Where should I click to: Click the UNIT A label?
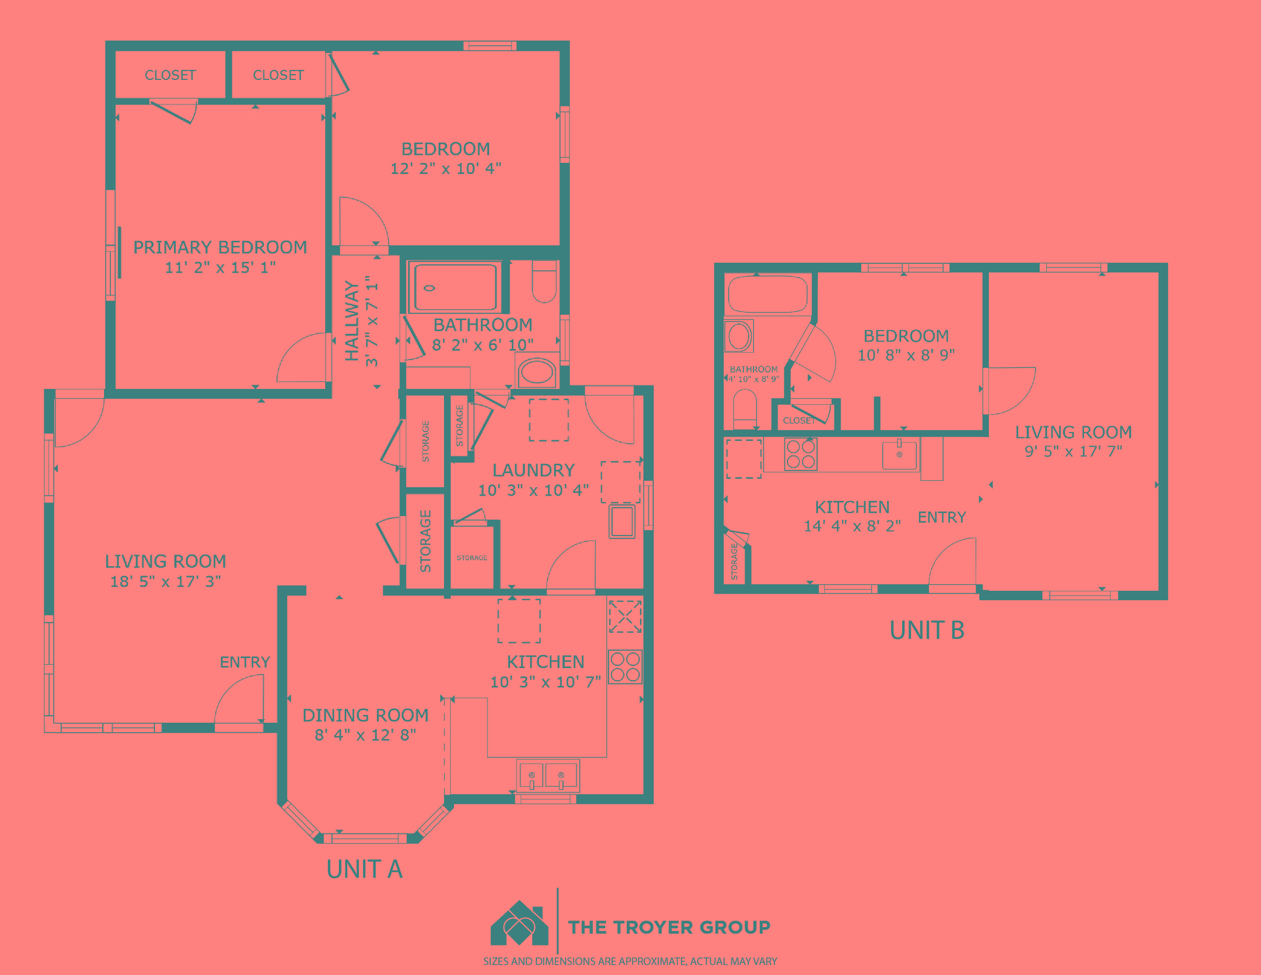pos(364,869)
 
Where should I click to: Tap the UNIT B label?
pos(927,630)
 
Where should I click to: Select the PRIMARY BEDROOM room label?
pos(220,247)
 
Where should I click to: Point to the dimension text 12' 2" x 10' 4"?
pos(446,169)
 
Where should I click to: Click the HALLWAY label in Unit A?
pos(352,321)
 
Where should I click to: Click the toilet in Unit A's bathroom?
pos(544,281)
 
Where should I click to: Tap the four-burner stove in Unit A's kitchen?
pos(625,667)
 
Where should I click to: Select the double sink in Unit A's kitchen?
pos(547,775)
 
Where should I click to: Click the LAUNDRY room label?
pos(533,470)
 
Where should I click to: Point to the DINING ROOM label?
pos(366,715)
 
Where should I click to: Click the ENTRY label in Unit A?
pos(245,662)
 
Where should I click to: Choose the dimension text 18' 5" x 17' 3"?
pos(166,581)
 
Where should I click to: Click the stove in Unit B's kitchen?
pos(801,454)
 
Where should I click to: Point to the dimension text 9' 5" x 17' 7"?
pos(1073,451)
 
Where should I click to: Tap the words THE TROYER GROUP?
pos(669,927)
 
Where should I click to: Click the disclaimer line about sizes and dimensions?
pos(630,962)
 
